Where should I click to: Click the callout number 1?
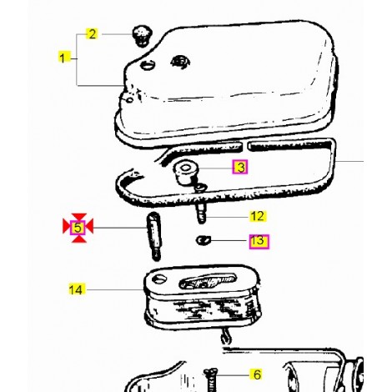62,58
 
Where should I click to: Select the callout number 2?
93,34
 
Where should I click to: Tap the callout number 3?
240,168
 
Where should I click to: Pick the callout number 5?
78,228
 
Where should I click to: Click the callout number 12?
258,216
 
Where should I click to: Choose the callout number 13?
259,242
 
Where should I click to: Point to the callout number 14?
76,289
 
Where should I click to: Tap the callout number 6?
257,374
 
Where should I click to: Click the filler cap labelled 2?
142,36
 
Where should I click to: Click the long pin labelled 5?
153,236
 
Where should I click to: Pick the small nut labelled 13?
204,239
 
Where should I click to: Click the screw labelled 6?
211,379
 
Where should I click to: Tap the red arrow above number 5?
79,217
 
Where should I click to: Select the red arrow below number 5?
79,239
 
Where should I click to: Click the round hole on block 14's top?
159,279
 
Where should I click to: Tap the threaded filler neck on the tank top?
180,62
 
